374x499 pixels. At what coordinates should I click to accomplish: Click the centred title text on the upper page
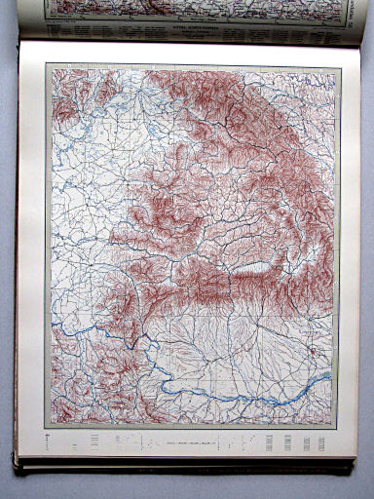pos(191,30)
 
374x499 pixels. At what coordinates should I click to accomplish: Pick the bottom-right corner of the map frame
pos(333,425)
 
